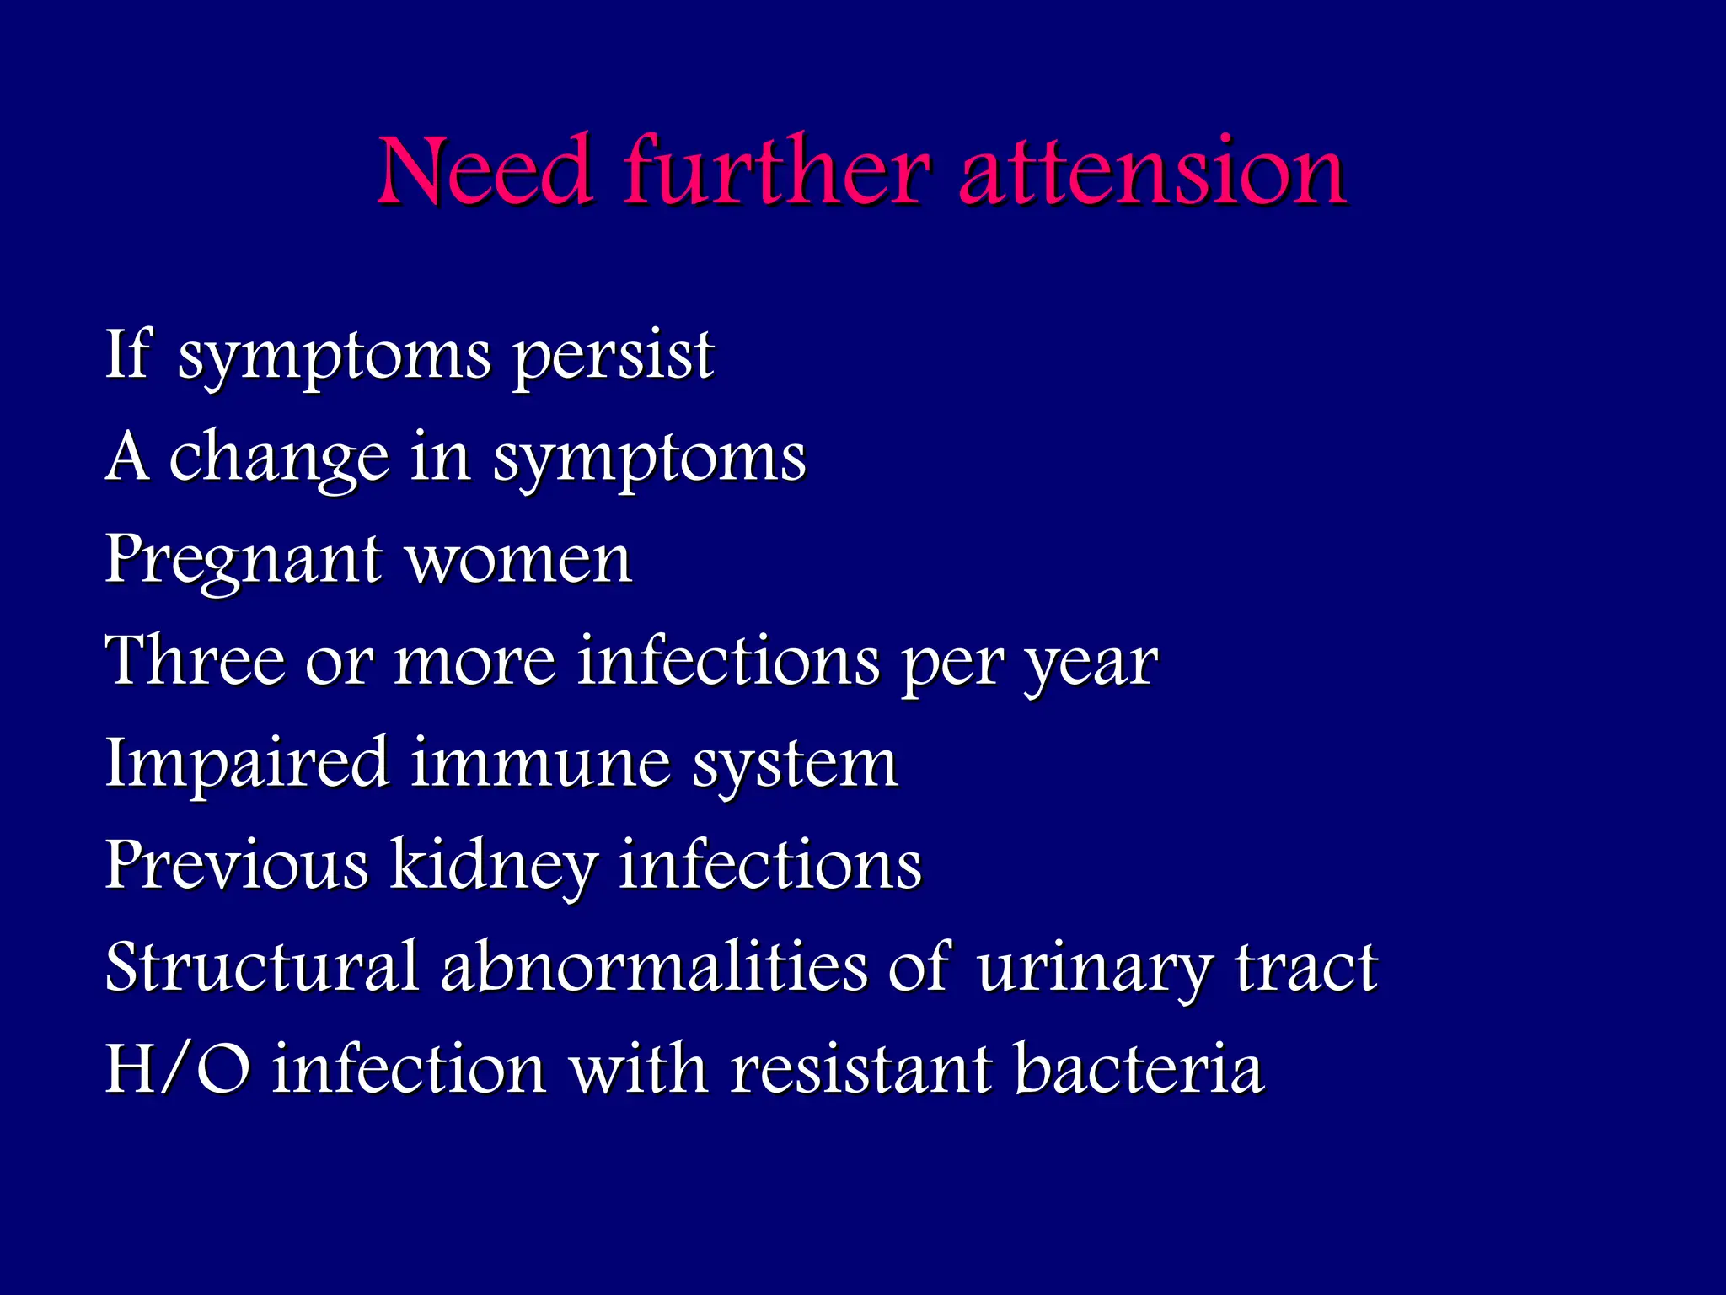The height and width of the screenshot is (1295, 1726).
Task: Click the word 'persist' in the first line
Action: [x=614, y=357]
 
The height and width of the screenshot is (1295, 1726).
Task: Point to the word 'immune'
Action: [x=540, y=764]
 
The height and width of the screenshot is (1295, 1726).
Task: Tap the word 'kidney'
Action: [x=494, y=867]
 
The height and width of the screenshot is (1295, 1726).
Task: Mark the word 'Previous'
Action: [x=237, y=865]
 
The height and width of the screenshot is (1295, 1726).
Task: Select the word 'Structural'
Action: [x=262, y=967]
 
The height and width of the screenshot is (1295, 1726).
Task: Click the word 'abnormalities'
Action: [x=654, y=967]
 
